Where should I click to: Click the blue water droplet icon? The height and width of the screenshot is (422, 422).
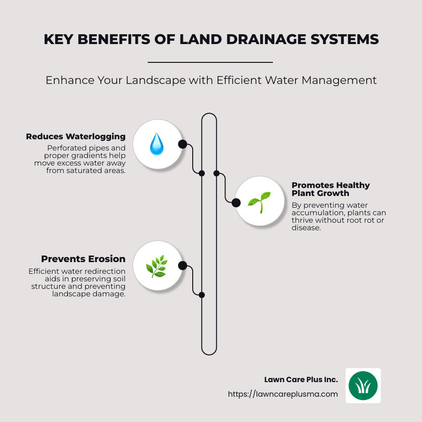pos(157,144)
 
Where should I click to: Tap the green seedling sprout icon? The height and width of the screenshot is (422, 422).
pos(259,202)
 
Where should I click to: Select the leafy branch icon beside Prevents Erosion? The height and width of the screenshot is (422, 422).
pos(157,266)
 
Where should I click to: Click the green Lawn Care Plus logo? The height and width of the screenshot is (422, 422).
pos(363,385)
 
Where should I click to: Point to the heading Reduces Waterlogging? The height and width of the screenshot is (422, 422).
pos(75,136)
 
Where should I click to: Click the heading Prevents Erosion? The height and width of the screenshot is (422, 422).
pos(83,259)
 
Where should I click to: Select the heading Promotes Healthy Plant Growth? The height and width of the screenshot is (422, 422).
pos(331,189)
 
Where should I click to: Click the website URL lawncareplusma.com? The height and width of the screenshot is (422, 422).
pos(283,394)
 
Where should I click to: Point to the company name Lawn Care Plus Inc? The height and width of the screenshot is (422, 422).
pos(301,379)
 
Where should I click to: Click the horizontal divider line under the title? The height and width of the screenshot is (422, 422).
pos(210,62)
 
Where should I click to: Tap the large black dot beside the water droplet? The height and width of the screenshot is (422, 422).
pos(182,144)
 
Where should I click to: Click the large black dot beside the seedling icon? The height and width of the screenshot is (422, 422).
pos(236,202)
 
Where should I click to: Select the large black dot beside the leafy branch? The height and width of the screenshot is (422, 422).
pos(182,266)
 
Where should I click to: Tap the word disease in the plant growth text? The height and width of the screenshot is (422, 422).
pos(305,228)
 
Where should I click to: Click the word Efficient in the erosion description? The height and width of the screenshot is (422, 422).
pos(45,271)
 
